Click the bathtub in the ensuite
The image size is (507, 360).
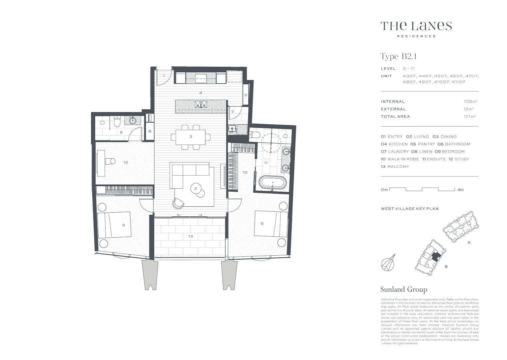click(272, 183)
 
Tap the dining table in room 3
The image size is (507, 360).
click(191, 137)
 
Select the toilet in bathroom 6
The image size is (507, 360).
click(116, 122)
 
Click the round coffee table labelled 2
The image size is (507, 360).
click(196, 189)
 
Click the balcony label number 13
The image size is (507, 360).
click(190, 236)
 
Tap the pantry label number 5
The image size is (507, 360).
click(246, 95)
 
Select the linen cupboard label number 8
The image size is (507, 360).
click(150, 131)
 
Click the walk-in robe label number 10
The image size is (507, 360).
click(245, 172)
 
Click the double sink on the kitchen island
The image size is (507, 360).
click(201, 105)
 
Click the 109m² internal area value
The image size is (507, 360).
click(470, 102)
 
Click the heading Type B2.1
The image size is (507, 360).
click(398, 56)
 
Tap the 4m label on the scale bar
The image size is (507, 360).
click(460, 190)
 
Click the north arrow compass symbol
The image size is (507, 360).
click(388, 263)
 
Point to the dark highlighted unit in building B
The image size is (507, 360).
click(436, 257)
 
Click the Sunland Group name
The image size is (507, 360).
click(403, 289)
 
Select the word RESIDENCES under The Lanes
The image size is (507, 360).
click(416, 36)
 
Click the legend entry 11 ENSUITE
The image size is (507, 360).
click(434, 159)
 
